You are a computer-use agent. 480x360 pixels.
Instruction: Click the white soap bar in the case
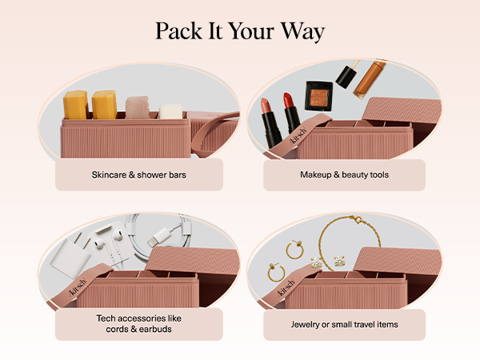171,112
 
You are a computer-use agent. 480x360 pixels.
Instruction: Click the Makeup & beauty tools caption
344,174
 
